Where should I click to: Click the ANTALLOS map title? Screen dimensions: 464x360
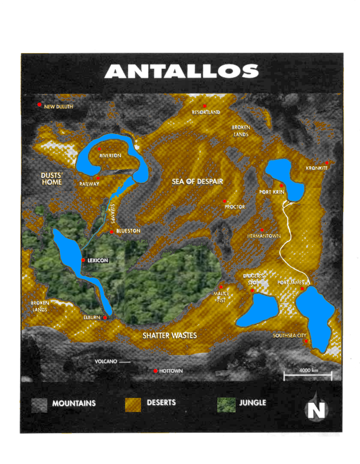(x=181, y=71)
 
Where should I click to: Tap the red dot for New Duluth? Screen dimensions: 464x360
(x=39, y=105)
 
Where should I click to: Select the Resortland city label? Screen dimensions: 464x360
(x=206, y=112)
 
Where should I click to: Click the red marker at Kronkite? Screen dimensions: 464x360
(x=327, y=163)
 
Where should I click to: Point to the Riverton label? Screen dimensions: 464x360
(x=110, y=156)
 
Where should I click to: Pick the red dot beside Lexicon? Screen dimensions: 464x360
(x=83, y=260)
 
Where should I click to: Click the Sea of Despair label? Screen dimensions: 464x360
(x=197, y=181)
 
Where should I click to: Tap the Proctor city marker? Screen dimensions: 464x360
(x=225, y=201)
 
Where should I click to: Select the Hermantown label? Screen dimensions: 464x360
(x=264, y=236)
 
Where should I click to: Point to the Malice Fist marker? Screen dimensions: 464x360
(x=221, y=287)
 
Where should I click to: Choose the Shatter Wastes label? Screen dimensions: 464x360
(x=170, y=335)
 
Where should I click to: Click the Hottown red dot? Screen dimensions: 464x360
(x=156, y=371)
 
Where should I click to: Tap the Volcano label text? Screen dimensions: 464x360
(x=106, y=362)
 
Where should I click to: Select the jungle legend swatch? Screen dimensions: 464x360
(x=225, y=404)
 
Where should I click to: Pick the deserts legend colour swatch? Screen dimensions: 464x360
(x=132, y=404)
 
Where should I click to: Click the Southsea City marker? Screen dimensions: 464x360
(x=306, y=341)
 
